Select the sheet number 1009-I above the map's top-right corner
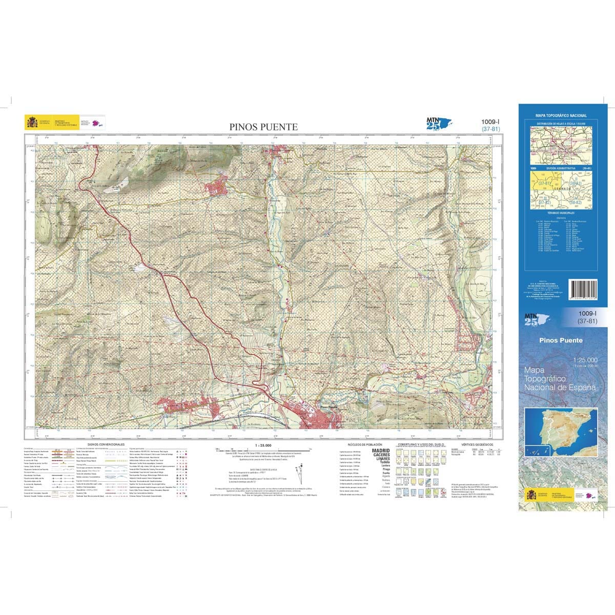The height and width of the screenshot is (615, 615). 490,121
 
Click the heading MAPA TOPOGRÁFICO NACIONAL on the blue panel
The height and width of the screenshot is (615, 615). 561,116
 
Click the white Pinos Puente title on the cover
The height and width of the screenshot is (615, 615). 561,340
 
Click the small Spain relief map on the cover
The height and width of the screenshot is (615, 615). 561,434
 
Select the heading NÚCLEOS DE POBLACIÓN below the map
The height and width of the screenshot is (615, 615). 365,444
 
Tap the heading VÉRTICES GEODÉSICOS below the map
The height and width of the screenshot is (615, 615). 477,444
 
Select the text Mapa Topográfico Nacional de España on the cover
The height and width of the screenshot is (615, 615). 560,379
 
